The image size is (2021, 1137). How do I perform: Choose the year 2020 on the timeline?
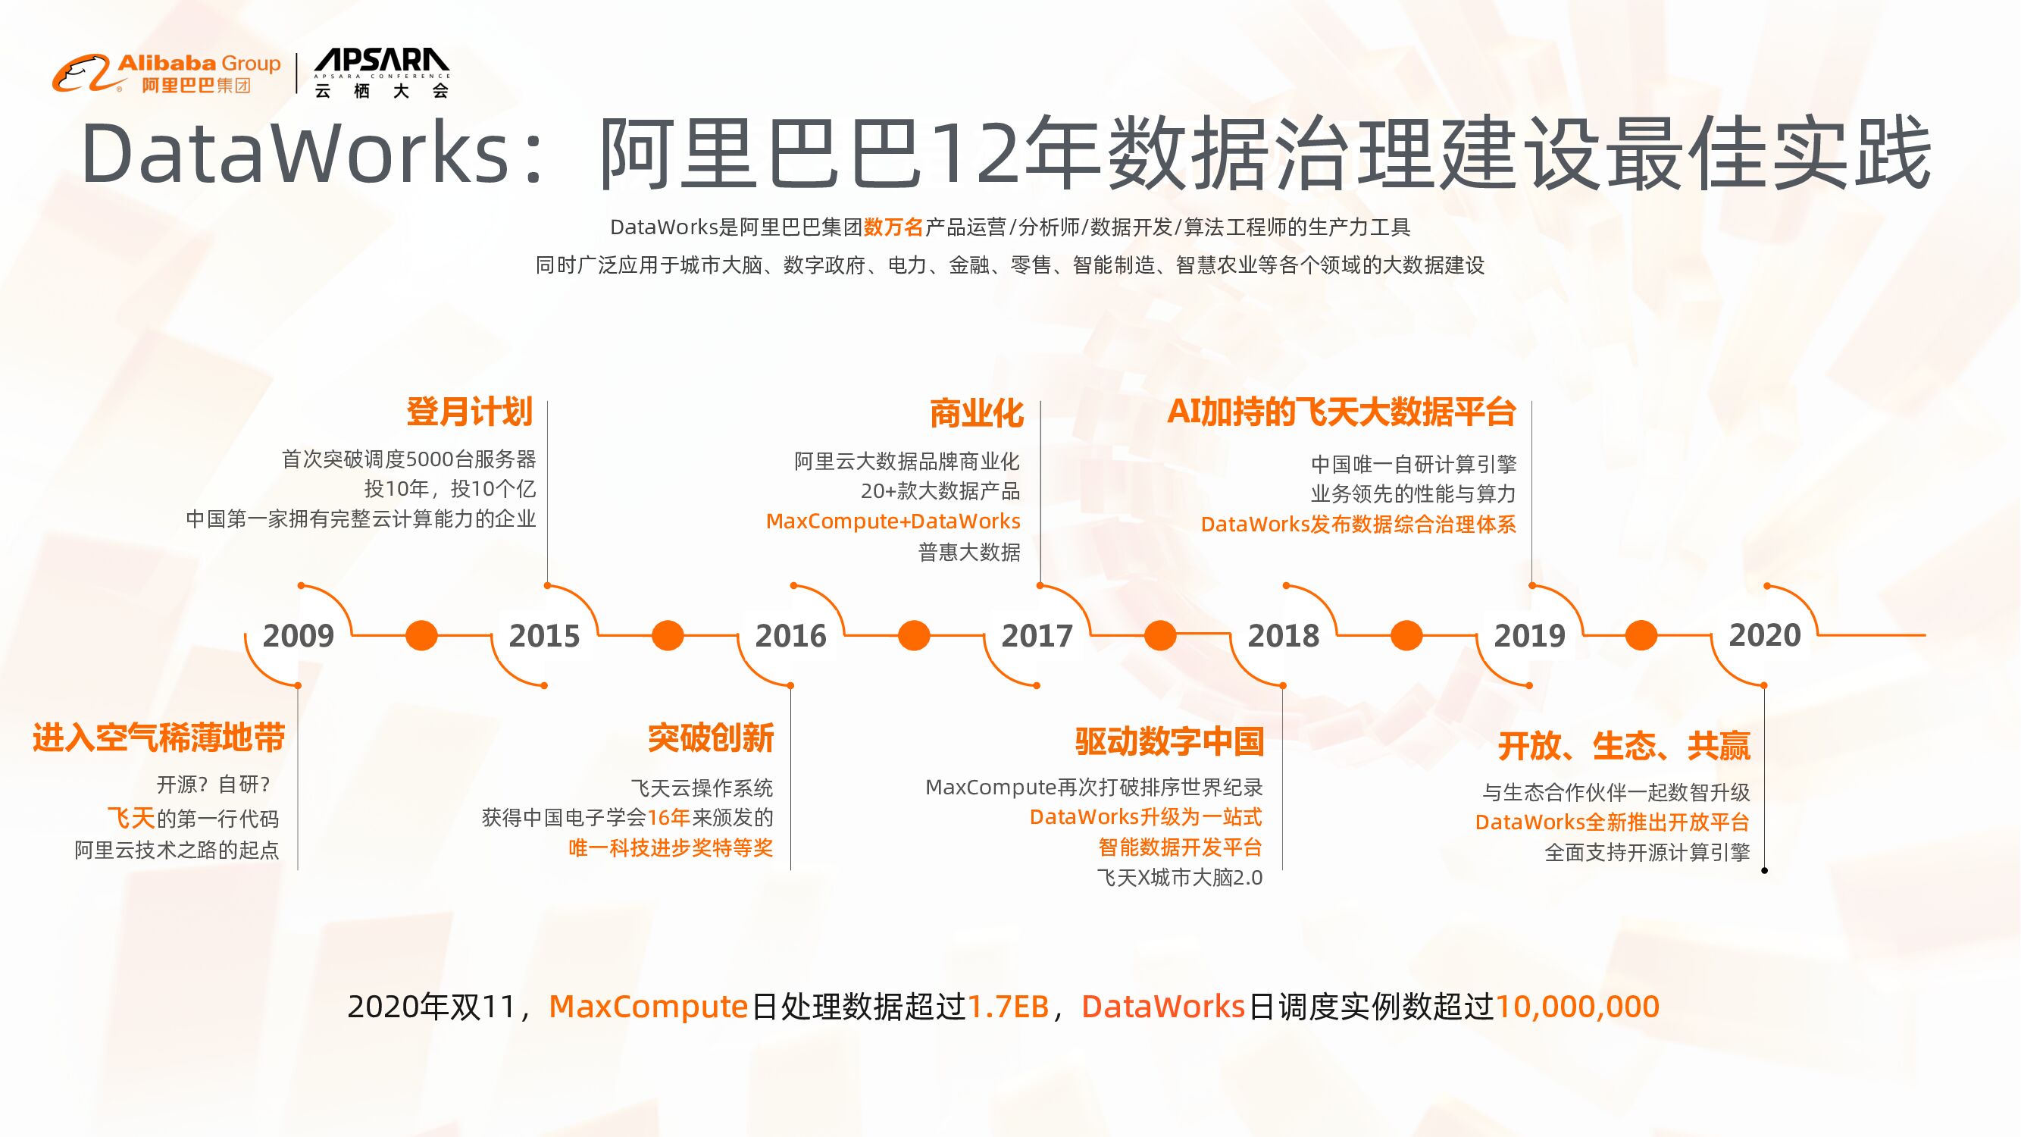point(1764,634)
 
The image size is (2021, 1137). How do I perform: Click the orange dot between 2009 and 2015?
point(421,634)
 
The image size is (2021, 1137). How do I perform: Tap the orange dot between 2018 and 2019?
point(1406,634)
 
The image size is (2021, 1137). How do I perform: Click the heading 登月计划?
point(469,412)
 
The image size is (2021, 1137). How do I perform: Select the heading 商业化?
point(976,413)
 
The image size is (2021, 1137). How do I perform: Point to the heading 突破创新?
point(711,738)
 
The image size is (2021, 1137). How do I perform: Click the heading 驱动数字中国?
point(1169,741)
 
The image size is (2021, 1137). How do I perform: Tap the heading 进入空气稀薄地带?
point(158,738)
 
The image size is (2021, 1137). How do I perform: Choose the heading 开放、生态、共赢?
point(1624,745)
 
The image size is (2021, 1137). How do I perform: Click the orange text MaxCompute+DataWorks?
point(893,521)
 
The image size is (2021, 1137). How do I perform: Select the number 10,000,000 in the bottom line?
point(1577,1007)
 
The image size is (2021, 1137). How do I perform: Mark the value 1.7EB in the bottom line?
point(1008,1007)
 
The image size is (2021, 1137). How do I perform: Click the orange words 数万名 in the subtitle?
point(893,227)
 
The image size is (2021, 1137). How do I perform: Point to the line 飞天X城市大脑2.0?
point(1179,877)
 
